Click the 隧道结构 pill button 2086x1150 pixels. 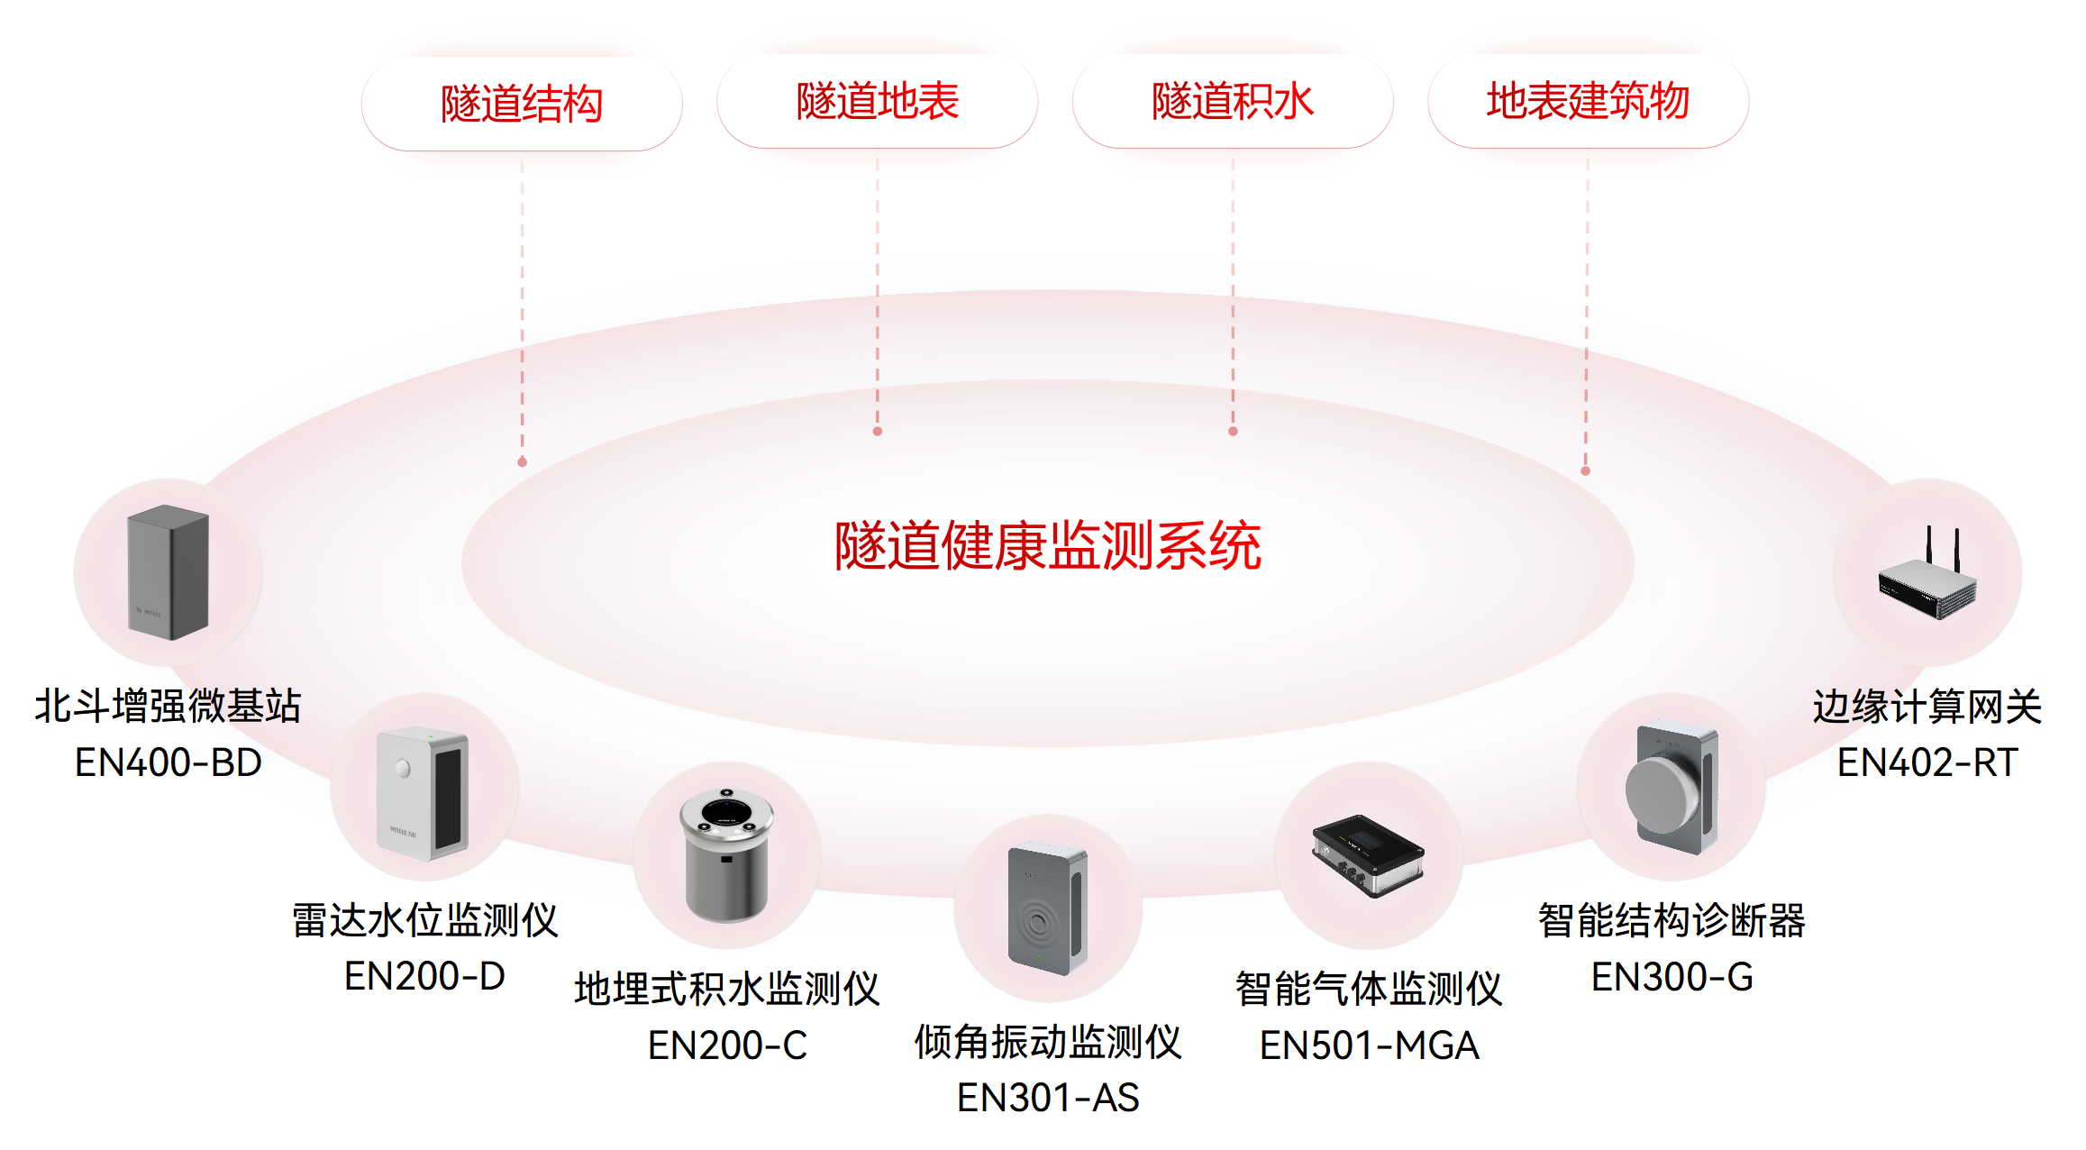point(522,104)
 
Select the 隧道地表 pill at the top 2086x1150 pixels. point(877,101)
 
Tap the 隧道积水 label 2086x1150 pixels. point(1232,101)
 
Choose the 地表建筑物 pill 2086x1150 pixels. point(1588,101)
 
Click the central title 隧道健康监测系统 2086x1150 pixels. point(1047,545)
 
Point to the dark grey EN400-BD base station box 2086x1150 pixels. point(168,572)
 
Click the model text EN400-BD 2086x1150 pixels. point(168,762)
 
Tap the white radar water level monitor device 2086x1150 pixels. point(424,791)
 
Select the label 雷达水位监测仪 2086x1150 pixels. point(424,920)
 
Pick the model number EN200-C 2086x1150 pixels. point(727,1045)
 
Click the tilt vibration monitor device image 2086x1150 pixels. point(1048,908)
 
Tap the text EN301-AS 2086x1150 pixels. point(1048,1098)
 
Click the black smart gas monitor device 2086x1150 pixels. point(1368,854)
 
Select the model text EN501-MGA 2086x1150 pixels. point(1369,1045)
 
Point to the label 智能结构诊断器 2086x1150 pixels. point(1672,920)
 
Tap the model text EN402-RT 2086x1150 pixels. point(1927,762)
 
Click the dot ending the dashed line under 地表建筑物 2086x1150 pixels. point(1586,470)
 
